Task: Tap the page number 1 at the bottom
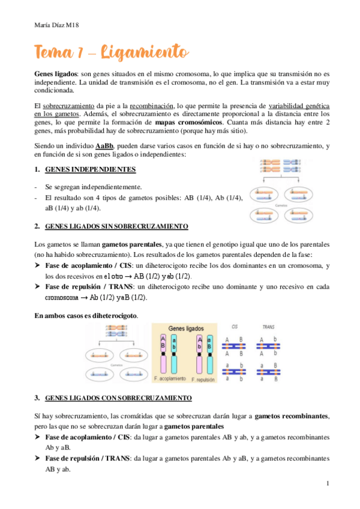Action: click(328, 483)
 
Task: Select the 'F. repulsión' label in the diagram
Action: click(202, 380)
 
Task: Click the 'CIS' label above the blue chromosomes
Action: click(235, 327)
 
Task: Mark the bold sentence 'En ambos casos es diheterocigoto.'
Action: click(86, 315)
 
